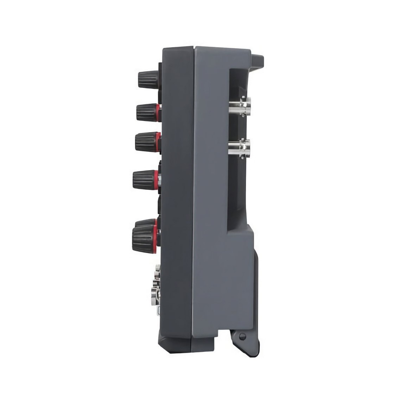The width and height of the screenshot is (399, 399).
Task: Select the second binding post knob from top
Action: (145, 112)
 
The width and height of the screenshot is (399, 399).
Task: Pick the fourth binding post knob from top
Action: (144, 179)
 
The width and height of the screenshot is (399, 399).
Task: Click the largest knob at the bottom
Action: (144, 236)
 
